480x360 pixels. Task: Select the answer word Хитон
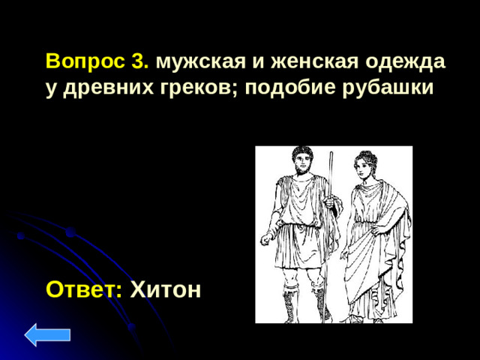coord(166,289)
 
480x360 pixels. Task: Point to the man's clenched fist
coord(266,240)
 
